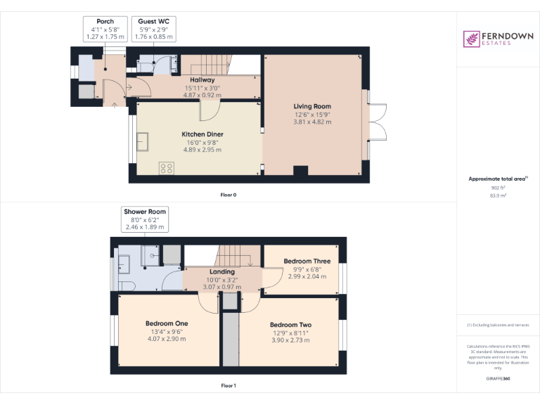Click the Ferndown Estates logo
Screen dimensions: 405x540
click(497, 39)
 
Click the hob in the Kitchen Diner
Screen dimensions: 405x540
click(167, 167)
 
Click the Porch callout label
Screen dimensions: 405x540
click(104, 29)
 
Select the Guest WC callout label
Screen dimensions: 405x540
click(153, 29)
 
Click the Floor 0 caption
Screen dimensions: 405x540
click(228, 195)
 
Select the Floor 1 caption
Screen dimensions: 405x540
click(228, 386)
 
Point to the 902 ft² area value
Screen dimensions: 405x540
click(498, 188)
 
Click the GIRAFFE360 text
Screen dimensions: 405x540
click(498, 378)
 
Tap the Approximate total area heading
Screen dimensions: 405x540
click(498, 179)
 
